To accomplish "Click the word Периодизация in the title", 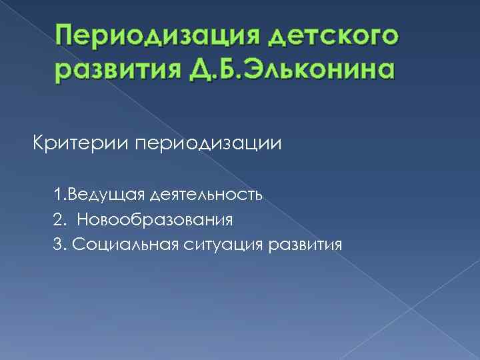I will click(149, 35).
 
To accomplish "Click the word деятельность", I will click(207, 195).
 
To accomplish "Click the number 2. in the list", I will click(60, 219).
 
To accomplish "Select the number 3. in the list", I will click(60, 245).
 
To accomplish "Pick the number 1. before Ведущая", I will click(60, 195).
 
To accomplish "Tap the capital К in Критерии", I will click(39, 143).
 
